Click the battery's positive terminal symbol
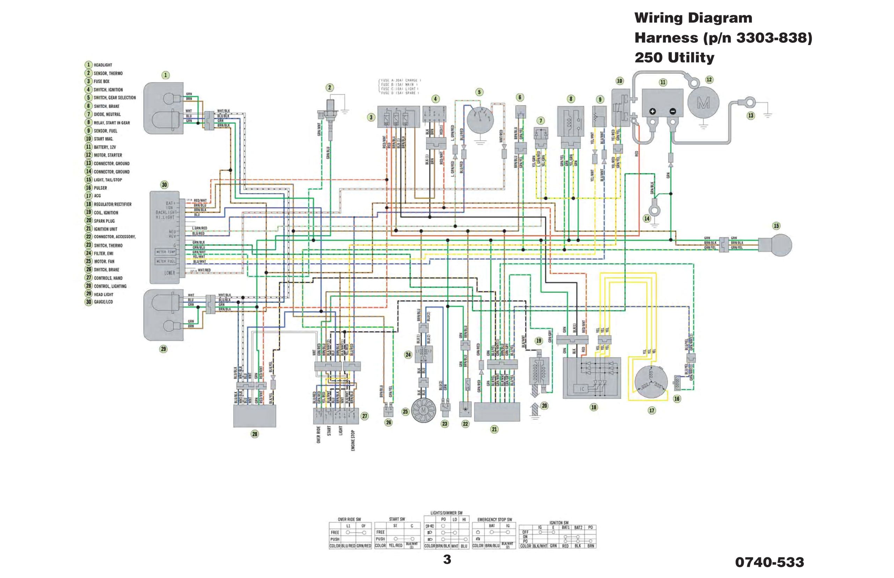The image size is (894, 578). pos(653,111)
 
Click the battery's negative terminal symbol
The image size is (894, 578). pos(673,111)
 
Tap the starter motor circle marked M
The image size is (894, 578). pos(703,103)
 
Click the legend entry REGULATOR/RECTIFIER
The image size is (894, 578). pos(112,205)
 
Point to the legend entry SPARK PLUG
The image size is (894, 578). pos(104,221)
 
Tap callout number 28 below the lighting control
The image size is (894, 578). pos(255,434)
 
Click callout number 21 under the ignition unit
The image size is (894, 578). pos(494,429)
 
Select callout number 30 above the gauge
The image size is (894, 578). pos(164,185)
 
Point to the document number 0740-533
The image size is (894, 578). pos(769,562)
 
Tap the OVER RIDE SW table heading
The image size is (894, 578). pos(349,519)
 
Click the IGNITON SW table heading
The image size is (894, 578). pos(559,523)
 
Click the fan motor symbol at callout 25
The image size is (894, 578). pos(423,410)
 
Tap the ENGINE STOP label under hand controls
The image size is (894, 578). pos(353,440)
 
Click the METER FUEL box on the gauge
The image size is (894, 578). pos(166,261)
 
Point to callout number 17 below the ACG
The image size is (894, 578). pos(652,410)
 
